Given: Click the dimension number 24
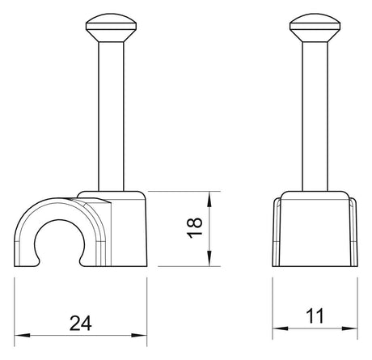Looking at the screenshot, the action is coord(81,323).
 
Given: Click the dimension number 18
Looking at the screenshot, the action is coord(195,228).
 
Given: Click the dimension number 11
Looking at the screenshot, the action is coord(315,316).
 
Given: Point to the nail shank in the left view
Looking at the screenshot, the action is coord(111,116).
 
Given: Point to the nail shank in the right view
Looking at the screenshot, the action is coord(315,116).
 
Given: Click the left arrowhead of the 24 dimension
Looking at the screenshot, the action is coord(22,336).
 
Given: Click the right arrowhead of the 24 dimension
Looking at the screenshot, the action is coord(139,336).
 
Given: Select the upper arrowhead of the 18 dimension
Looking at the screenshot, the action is coord(209,199).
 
